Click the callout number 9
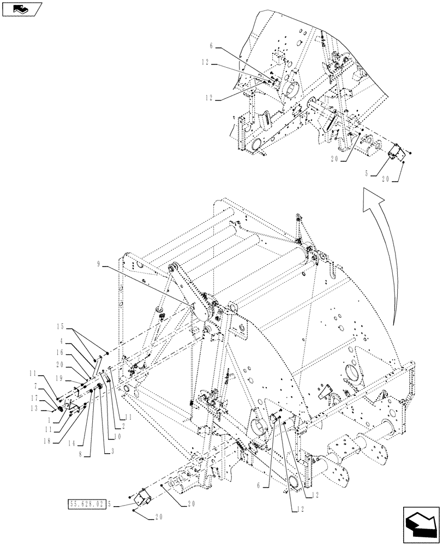[99, 264]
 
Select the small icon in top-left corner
[22, 9]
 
